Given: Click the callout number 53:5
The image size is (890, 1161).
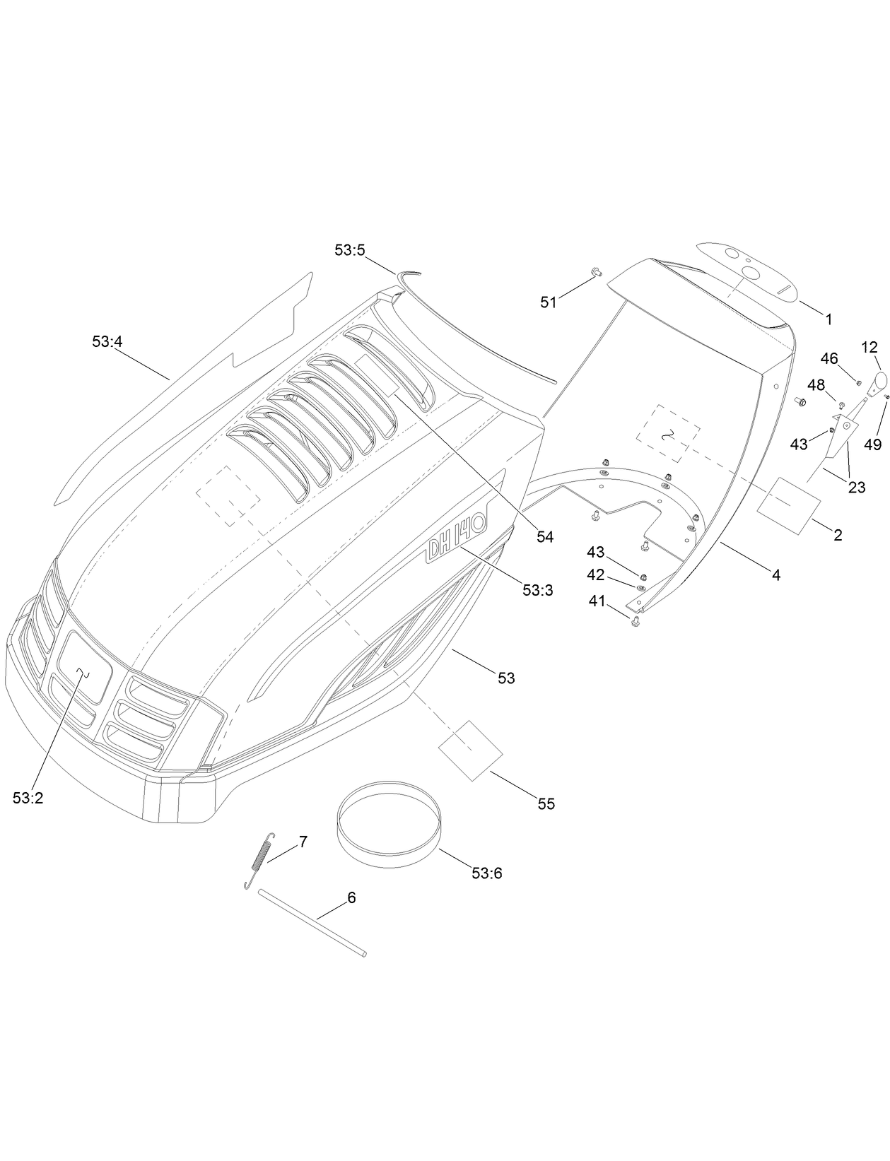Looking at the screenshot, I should click(x=349, y=250).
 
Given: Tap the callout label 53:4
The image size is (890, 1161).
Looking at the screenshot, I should click(x=107, y=341).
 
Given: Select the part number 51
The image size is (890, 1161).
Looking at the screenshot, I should click(x=549, y=302).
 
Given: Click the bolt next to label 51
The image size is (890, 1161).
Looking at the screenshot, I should click(x=595, y=271).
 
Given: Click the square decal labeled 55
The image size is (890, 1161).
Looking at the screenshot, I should click(x=471, y=750).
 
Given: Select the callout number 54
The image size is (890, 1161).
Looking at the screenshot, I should click(x=544, y=537).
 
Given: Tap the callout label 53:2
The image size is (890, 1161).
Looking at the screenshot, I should click(x=28, y=798).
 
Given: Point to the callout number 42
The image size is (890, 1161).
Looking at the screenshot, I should click(x=596, y=576).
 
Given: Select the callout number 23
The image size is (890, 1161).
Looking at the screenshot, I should click(x=857, y=488).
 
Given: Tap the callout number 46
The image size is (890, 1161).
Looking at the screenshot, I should click(x=829, y=359).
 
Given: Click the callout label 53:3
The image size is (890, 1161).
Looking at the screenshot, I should click(x=537, y=590).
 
